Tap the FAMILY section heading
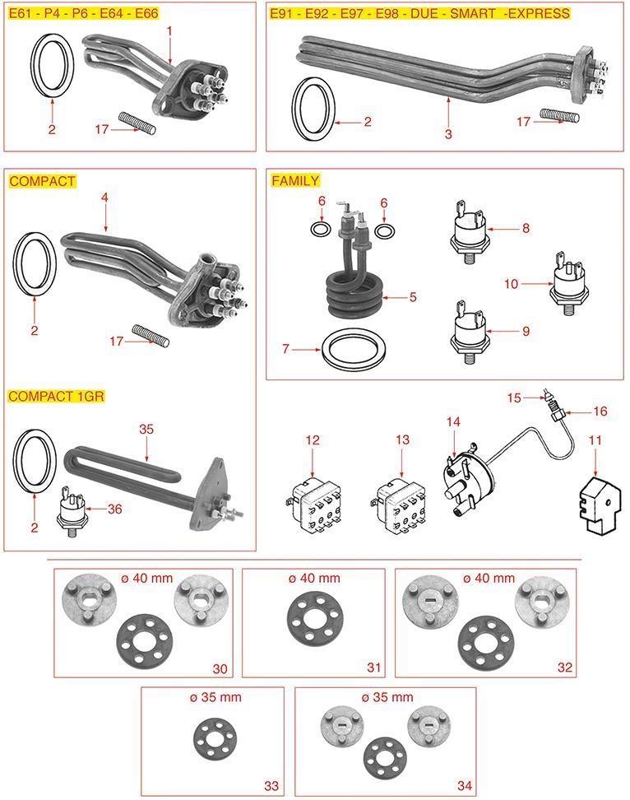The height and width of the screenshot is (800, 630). (294, 180)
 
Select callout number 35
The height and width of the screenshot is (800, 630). (146, 429)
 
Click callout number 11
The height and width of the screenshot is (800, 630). (595, 440)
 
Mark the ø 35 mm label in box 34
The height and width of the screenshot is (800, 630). (387, 697)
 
